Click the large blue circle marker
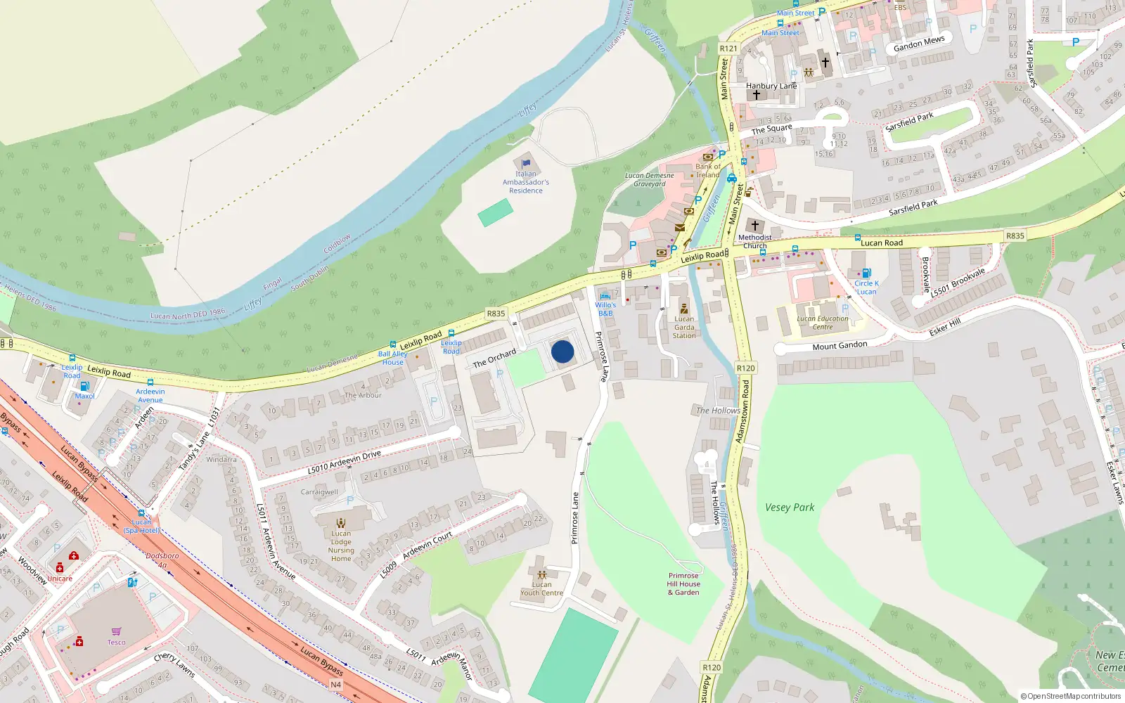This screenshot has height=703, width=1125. point(562,351)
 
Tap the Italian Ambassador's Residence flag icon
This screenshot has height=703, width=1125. point(526,163)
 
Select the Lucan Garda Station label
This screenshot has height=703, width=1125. point(684,327)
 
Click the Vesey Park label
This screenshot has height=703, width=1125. point(790,507)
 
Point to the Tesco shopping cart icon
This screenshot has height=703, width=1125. point(116,631)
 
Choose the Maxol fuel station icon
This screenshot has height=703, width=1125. point(84,386)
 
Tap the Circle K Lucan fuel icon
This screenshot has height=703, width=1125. point(866,273)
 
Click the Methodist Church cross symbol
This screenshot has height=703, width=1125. point(755,226)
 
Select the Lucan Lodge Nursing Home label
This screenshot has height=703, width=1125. point(341,546)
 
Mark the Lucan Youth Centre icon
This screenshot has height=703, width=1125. point(541,574)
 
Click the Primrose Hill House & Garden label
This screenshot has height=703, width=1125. point(683,583)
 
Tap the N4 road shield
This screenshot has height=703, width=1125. point(335,684)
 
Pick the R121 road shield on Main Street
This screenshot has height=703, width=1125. point(728,49)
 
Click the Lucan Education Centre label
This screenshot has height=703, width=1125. point(823,323)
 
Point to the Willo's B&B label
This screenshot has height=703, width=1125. point(605,309)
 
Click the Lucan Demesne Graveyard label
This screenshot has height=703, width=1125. point(650,180)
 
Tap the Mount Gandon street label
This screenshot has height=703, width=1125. point(840,346)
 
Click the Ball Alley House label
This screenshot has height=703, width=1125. point(392,358)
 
